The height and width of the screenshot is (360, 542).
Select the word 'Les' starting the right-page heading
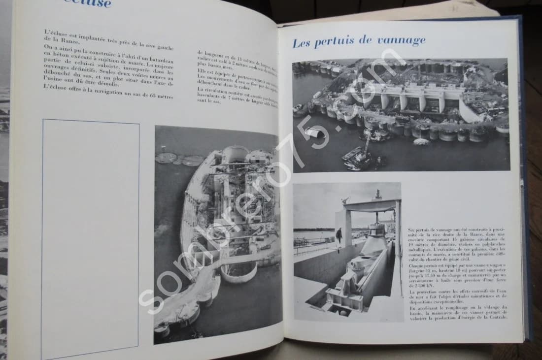point(303,43)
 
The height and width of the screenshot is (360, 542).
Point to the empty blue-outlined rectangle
point(90,236)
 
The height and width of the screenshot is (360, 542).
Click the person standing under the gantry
point(339,235)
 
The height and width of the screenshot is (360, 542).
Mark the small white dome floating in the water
point(421,142)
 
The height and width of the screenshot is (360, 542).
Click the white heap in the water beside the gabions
point(314,132)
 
